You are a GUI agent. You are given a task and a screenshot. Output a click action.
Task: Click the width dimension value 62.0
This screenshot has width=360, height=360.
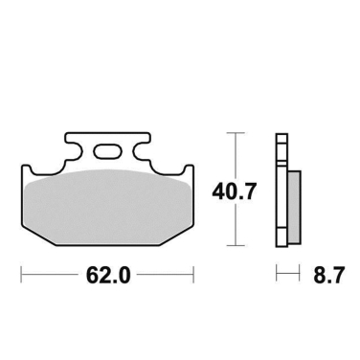coord(108,278)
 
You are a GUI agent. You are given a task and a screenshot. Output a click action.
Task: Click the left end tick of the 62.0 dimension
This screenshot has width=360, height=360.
coord(23,278)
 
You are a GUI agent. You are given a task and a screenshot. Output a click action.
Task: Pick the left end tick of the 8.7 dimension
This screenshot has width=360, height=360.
coord(278,278)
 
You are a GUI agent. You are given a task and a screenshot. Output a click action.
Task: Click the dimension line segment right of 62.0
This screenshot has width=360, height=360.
coord(163,278)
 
